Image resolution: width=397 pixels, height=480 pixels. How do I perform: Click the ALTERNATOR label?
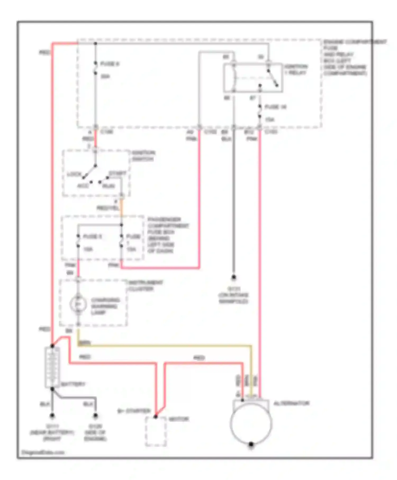(291, 404)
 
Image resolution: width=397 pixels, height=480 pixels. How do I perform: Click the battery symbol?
(52, 368)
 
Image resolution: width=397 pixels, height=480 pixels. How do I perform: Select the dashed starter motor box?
(156, 432)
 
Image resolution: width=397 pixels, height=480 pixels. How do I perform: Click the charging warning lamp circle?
(78, 304)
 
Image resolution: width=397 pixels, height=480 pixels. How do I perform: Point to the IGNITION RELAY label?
(296, 70)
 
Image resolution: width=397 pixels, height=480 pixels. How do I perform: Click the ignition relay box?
(253, 78)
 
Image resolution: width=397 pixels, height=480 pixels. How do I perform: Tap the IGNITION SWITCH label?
(143, 156)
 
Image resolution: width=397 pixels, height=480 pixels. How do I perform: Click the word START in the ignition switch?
(118, 173)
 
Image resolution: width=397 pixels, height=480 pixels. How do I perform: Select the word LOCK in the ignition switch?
(74, 174)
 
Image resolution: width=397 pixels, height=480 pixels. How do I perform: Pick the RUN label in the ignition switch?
(109, 186)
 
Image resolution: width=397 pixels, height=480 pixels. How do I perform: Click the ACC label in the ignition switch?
(83, 186)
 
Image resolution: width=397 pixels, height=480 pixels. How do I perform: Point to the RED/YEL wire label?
(107, 208)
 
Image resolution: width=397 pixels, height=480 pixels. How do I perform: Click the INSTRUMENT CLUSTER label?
(145, 286)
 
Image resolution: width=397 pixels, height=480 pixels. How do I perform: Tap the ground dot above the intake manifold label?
(233, 278)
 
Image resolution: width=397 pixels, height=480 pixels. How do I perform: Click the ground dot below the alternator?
(251, 444)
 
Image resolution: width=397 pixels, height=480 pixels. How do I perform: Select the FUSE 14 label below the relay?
(275, 107)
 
